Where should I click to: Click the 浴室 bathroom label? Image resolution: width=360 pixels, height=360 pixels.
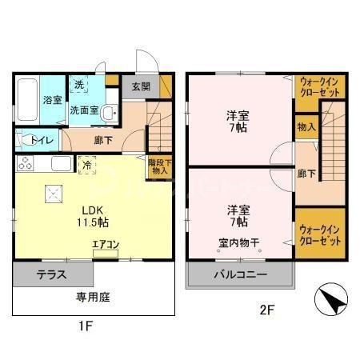click(x=52, y=101)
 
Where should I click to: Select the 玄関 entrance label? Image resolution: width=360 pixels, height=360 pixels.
click(x=140, y=86)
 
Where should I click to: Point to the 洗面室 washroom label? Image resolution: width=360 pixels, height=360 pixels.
click(x=84, y=111)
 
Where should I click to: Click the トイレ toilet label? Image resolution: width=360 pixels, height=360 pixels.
click(x=42, y=141)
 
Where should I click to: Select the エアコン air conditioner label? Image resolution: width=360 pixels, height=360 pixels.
click(x=106, y=246)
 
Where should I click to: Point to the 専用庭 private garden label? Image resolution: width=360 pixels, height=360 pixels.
click(x=94, y=298)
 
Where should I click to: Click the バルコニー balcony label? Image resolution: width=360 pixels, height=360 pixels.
click(x=239, y=274)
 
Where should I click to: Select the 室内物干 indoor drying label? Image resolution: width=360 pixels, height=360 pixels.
click(x=238, y=242)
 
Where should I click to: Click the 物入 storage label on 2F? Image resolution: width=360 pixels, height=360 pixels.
click(x=306, y=127)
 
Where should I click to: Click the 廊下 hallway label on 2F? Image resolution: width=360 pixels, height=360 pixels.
click(x=306, y=173)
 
